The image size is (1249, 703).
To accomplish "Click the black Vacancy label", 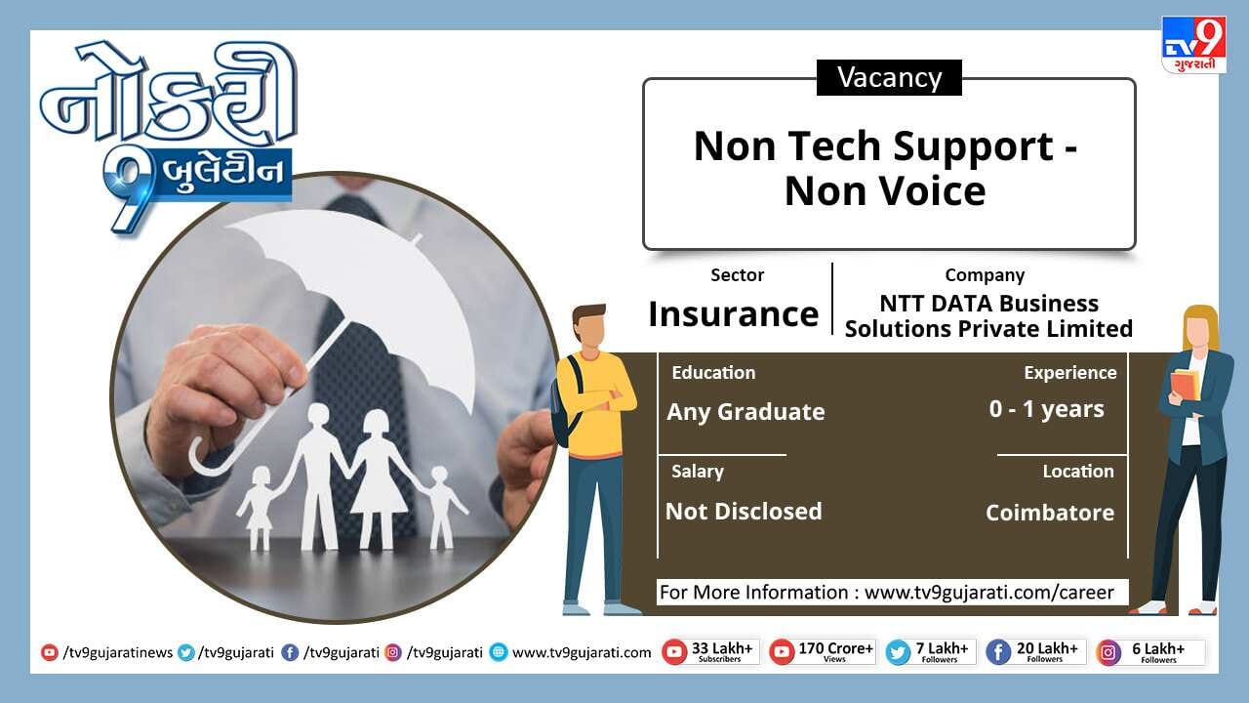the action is point(889,77).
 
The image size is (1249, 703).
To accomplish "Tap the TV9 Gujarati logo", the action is point(1193,45).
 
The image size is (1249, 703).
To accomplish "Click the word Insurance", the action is point(733,313).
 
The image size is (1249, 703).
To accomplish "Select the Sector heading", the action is point(737,275).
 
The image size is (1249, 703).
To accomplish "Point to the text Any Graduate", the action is point(745,412).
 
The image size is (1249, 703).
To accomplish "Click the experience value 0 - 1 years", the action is point(1047,409).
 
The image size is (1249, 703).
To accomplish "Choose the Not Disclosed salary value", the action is point(744,511).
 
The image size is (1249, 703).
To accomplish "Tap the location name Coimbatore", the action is point(1049,513).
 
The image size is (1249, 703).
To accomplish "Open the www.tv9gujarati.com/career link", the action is point(989,592).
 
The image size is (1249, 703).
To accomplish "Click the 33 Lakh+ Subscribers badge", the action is point(710,651).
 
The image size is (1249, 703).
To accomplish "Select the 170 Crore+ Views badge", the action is point(822,651).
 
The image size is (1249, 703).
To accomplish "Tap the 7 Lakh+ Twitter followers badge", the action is point(931,651).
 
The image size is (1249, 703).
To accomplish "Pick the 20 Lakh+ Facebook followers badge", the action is point(1035,651).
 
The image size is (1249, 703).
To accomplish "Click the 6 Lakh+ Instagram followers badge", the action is point(1149,652).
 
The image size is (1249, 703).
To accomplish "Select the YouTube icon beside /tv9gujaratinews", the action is point(49,652).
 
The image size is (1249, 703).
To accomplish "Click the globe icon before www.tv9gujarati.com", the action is point(499,652).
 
